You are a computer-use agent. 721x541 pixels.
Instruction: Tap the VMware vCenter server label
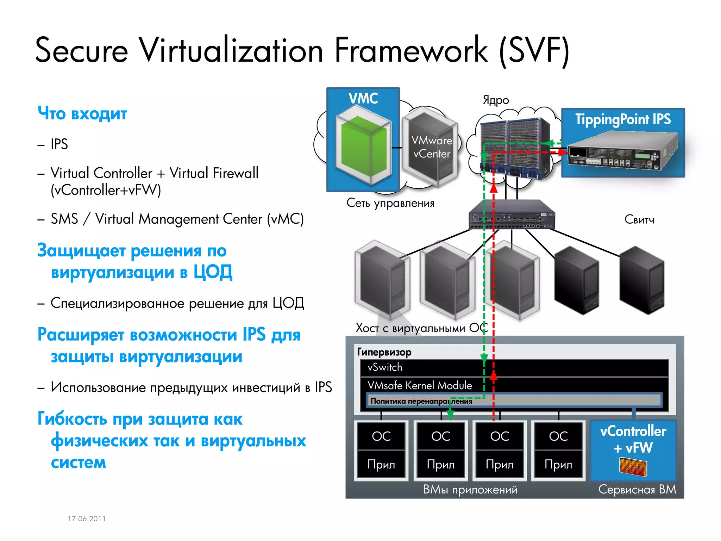[432, 147]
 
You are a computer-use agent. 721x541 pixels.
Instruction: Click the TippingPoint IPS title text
[623, 119]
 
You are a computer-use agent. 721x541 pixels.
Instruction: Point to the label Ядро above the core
[496, 100]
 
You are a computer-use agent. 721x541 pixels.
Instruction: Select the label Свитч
[639, 219]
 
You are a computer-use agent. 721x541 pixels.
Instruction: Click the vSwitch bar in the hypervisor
[514, 367]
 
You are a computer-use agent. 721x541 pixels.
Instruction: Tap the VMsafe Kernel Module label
[420, 385]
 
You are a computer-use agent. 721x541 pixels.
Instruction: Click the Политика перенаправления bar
[514, 401]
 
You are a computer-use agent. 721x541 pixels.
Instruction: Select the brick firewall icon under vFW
[633, 467]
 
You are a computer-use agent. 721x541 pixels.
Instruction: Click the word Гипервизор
[384, 352]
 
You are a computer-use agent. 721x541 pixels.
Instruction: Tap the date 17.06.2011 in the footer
[87, 518]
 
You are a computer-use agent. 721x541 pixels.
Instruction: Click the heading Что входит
[82, 113]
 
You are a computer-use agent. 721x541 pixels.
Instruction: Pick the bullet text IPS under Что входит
[59, 144]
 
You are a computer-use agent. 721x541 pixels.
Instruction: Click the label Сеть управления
[390, 203]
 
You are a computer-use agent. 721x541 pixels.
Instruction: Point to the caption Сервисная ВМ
[637, 489]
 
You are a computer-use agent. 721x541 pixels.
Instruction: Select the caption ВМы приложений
[470, 489]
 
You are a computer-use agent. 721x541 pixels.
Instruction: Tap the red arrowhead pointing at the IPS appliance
[563, 153]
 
